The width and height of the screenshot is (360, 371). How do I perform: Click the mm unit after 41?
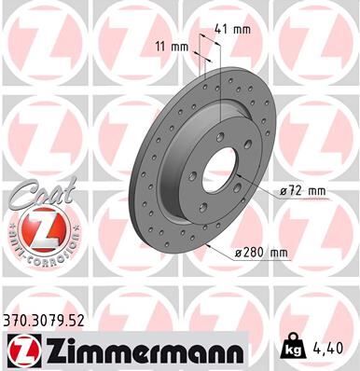(x=242, y=28)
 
